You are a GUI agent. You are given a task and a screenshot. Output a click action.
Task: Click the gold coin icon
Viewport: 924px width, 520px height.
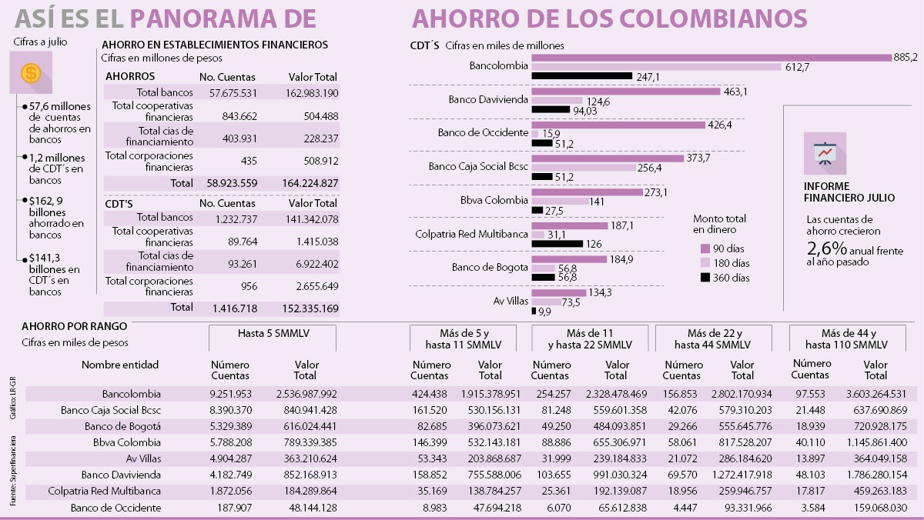coord(31,73)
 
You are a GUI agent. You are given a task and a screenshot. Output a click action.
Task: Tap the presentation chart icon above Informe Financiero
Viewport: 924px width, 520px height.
coord(825,153)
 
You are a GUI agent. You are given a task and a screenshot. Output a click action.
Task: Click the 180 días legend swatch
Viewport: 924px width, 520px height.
coord(704,262)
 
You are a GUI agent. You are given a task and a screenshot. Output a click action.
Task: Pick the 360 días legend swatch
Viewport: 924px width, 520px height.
coord(704,277)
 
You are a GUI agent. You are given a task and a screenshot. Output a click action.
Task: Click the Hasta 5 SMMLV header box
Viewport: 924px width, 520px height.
coord(273,338)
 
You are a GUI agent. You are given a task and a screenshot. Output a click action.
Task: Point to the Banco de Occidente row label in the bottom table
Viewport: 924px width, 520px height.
coord(115,508)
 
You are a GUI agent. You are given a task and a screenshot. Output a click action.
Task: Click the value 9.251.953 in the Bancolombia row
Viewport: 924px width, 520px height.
coord(230,394)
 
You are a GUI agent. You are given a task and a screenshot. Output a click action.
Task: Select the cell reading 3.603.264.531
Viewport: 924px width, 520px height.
coord(875,394)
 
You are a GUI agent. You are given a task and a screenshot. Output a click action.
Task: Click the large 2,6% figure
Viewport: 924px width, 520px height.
coord(827,248)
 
